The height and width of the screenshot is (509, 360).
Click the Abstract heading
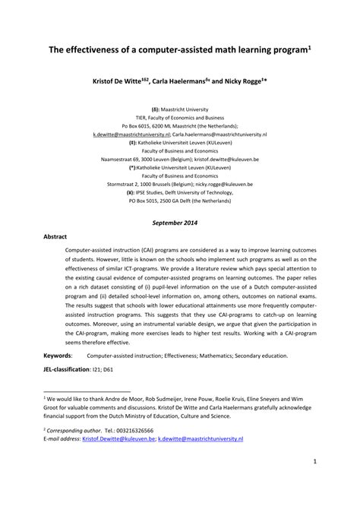pyautogui.click(x=57, y=236)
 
